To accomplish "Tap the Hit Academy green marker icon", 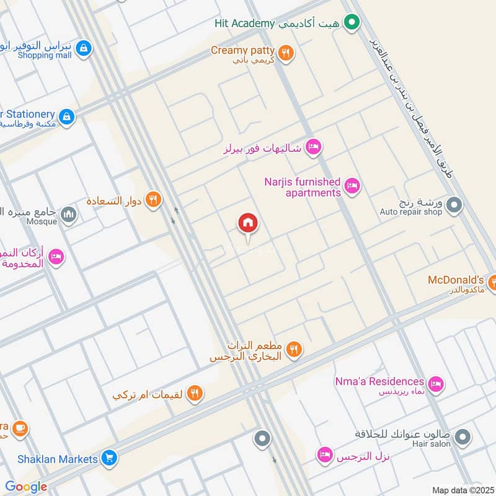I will [x=352, y=24].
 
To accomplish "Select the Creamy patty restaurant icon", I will [x=285, y=53].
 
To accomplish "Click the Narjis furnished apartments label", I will [x=303, y=187].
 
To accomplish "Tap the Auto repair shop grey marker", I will [x=454, y=204].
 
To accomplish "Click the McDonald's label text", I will [x=456, y=280].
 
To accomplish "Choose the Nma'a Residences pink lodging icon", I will [x=436, y=384].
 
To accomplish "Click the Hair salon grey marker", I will [x=462, y=438].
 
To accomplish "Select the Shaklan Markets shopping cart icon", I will [x=109, y=459].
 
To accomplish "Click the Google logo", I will [x=26, y=487].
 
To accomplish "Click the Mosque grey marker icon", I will [x=69, y=215].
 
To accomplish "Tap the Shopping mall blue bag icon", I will [x=84, y=48].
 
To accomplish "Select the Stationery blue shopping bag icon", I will [x=66, y=116].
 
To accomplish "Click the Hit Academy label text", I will [x=244, y=24].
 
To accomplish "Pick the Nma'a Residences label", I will [x=379, y=381].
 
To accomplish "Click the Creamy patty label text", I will [x=243, y=50].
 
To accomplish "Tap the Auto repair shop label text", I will [x=411, y=212].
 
